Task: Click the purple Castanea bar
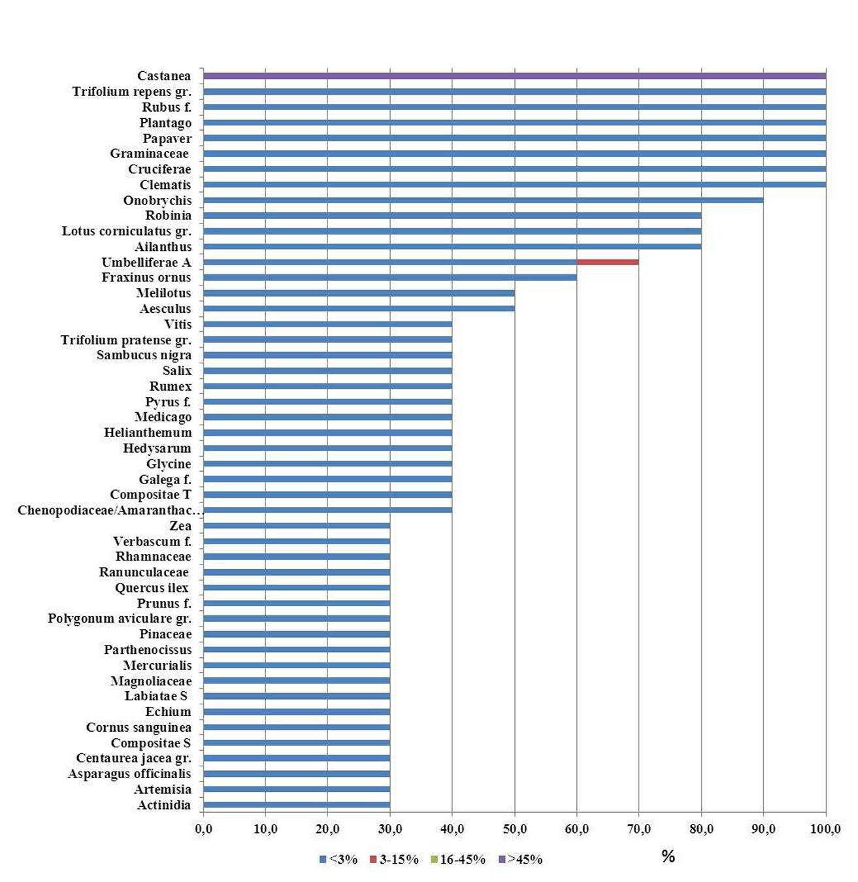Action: click(514, 76)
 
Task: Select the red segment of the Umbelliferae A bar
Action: click(608, 262)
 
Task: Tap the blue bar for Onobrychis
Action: click(483, 200)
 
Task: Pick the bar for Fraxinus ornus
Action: click(389, 278)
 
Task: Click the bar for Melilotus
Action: click(359, 293)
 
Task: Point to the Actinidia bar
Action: click(297, 805)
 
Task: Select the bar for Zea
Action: click(297, 526)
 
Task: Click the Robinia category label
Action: click(168, 216)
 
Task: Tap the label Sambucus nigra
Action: click(144, 355)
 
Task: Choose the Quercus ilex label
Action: click(152, 588)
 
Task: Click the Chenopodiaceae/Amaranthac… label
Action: click(110, 510)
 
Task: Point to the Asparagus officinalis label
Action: click(129, 774)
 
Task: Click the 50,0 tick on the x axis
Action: click(514, 830)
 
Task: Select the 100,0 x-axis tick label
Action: click(825, 830)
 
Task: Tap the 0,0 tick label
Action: click(203, 830)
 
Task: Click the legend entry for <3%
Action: click(338, 860)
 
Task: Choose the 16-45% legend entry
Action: click(458, 860)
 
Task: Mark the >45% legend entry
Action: click(521, 860)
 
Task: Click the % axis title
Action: click(668, 857)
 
